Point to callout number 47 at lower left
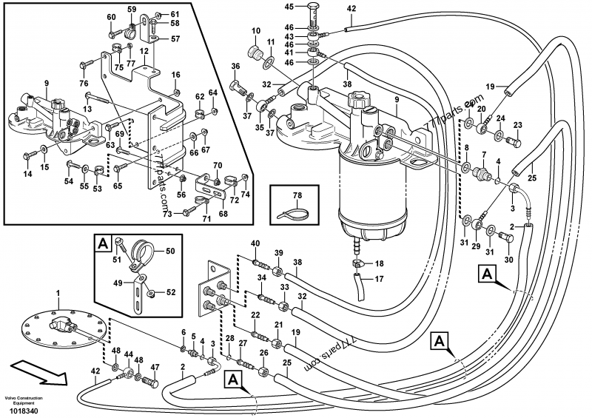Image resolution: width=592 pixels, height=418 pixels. pos(155,367)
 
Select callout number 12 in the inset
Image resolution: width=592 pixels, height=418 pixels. pos(144,50)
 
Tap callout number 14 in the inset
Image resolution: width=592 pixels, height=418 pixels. pos(27,174)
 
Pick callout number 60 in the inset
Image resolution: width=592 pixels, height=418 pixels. pos(111,16)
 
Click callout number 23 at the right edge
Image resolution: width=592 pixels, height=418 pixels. pos(517,125)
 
